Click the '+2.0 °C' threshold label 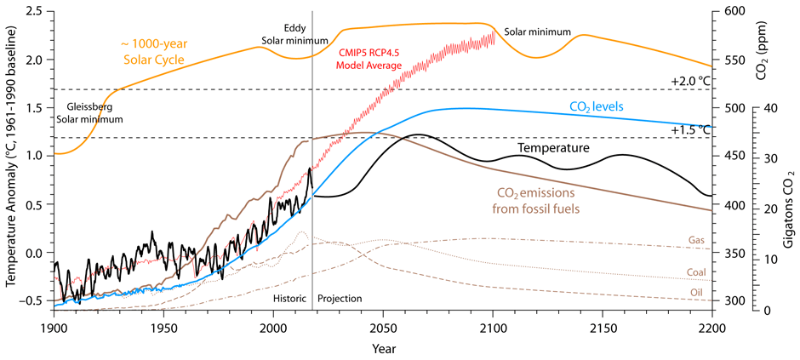[x=690, y=81]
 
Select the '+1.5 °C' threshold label [x=690, y=130]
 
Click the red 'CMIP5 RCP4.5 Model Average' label [x=370, y=59]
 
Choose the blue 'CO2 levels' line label [x=597, y=106]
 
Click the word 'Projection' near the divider [x=340, y=299]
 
